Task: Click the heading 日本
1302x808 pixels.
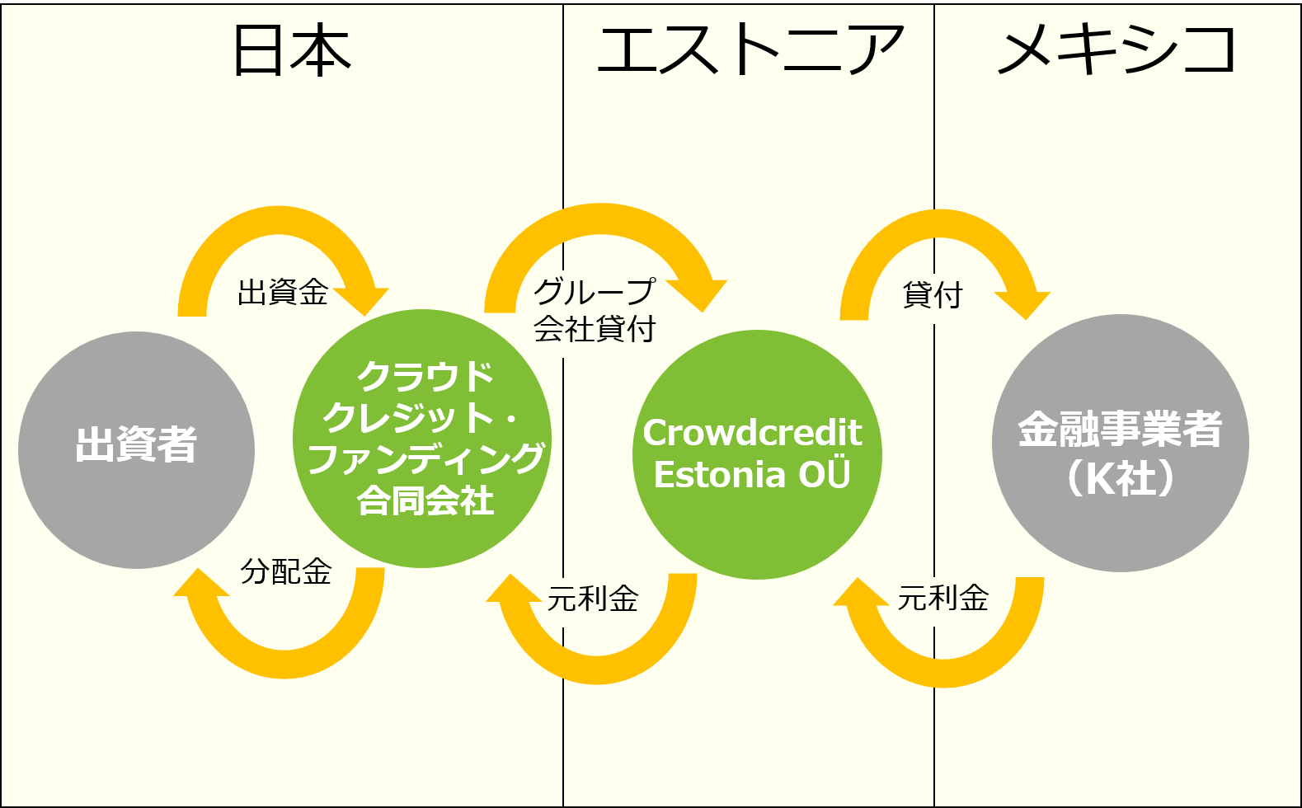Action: pyautogui.click(x=293, y=50)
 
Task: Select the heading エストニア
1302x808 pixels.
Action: pyautogui.click(x=750, y=50)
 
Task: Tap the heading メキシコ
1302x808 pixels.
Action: pyautogui.click(x=1116, y=50)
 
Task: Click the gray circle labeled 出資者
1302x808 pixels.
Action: pyautogui.click(x=136, y=450)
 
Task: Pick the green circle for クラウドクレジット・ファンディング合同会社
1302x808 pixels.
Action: pyautogui.click(x=422, y=439)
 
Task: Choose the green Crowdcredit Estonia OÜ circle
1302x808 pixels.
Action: pyautogui.click(x=757, y=454)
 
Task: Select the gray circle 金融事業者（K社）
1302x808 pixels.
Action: pyautogui.click(x=1120, y=443)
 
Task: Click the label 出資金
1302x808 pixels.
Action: pyautogui.click(x=283, y=292)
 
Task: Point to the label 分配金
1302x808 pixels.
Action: pyautogui.click(x=286, y=571)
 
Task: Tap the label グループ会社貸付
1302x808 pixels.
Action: pyautogui.click(x=595, y=310)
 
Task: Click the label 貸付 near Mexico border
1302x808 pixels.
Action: pyautogui.click(x=933, y=294)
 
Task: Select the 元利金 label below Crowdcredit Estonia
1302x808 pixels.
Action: pyautogui.click(x=593, y=598)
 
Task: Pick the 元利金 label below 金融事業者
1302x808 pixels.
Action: pyautogui.click(x=942, y=598)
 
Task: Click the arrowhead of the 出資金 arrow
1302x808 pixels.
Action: pyautogui.click(x=362, y=301)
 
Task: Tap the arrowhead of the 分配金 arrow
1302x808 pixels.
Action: pyautogui.click(x=200, y=583)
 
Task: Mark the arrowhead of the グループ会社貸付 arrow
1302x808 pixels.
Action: pyautogui.click(x=699, y=295)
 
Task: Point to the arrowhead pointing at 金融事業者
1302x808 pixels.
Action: pyautogui.click(x=1024, y=304)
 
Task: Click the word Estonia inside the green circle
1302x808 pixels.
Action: pyautogui.click(x=720, y=474)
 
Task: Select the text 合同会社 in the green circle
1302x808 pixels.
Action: pyautogui.click(x=425, y=501)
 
